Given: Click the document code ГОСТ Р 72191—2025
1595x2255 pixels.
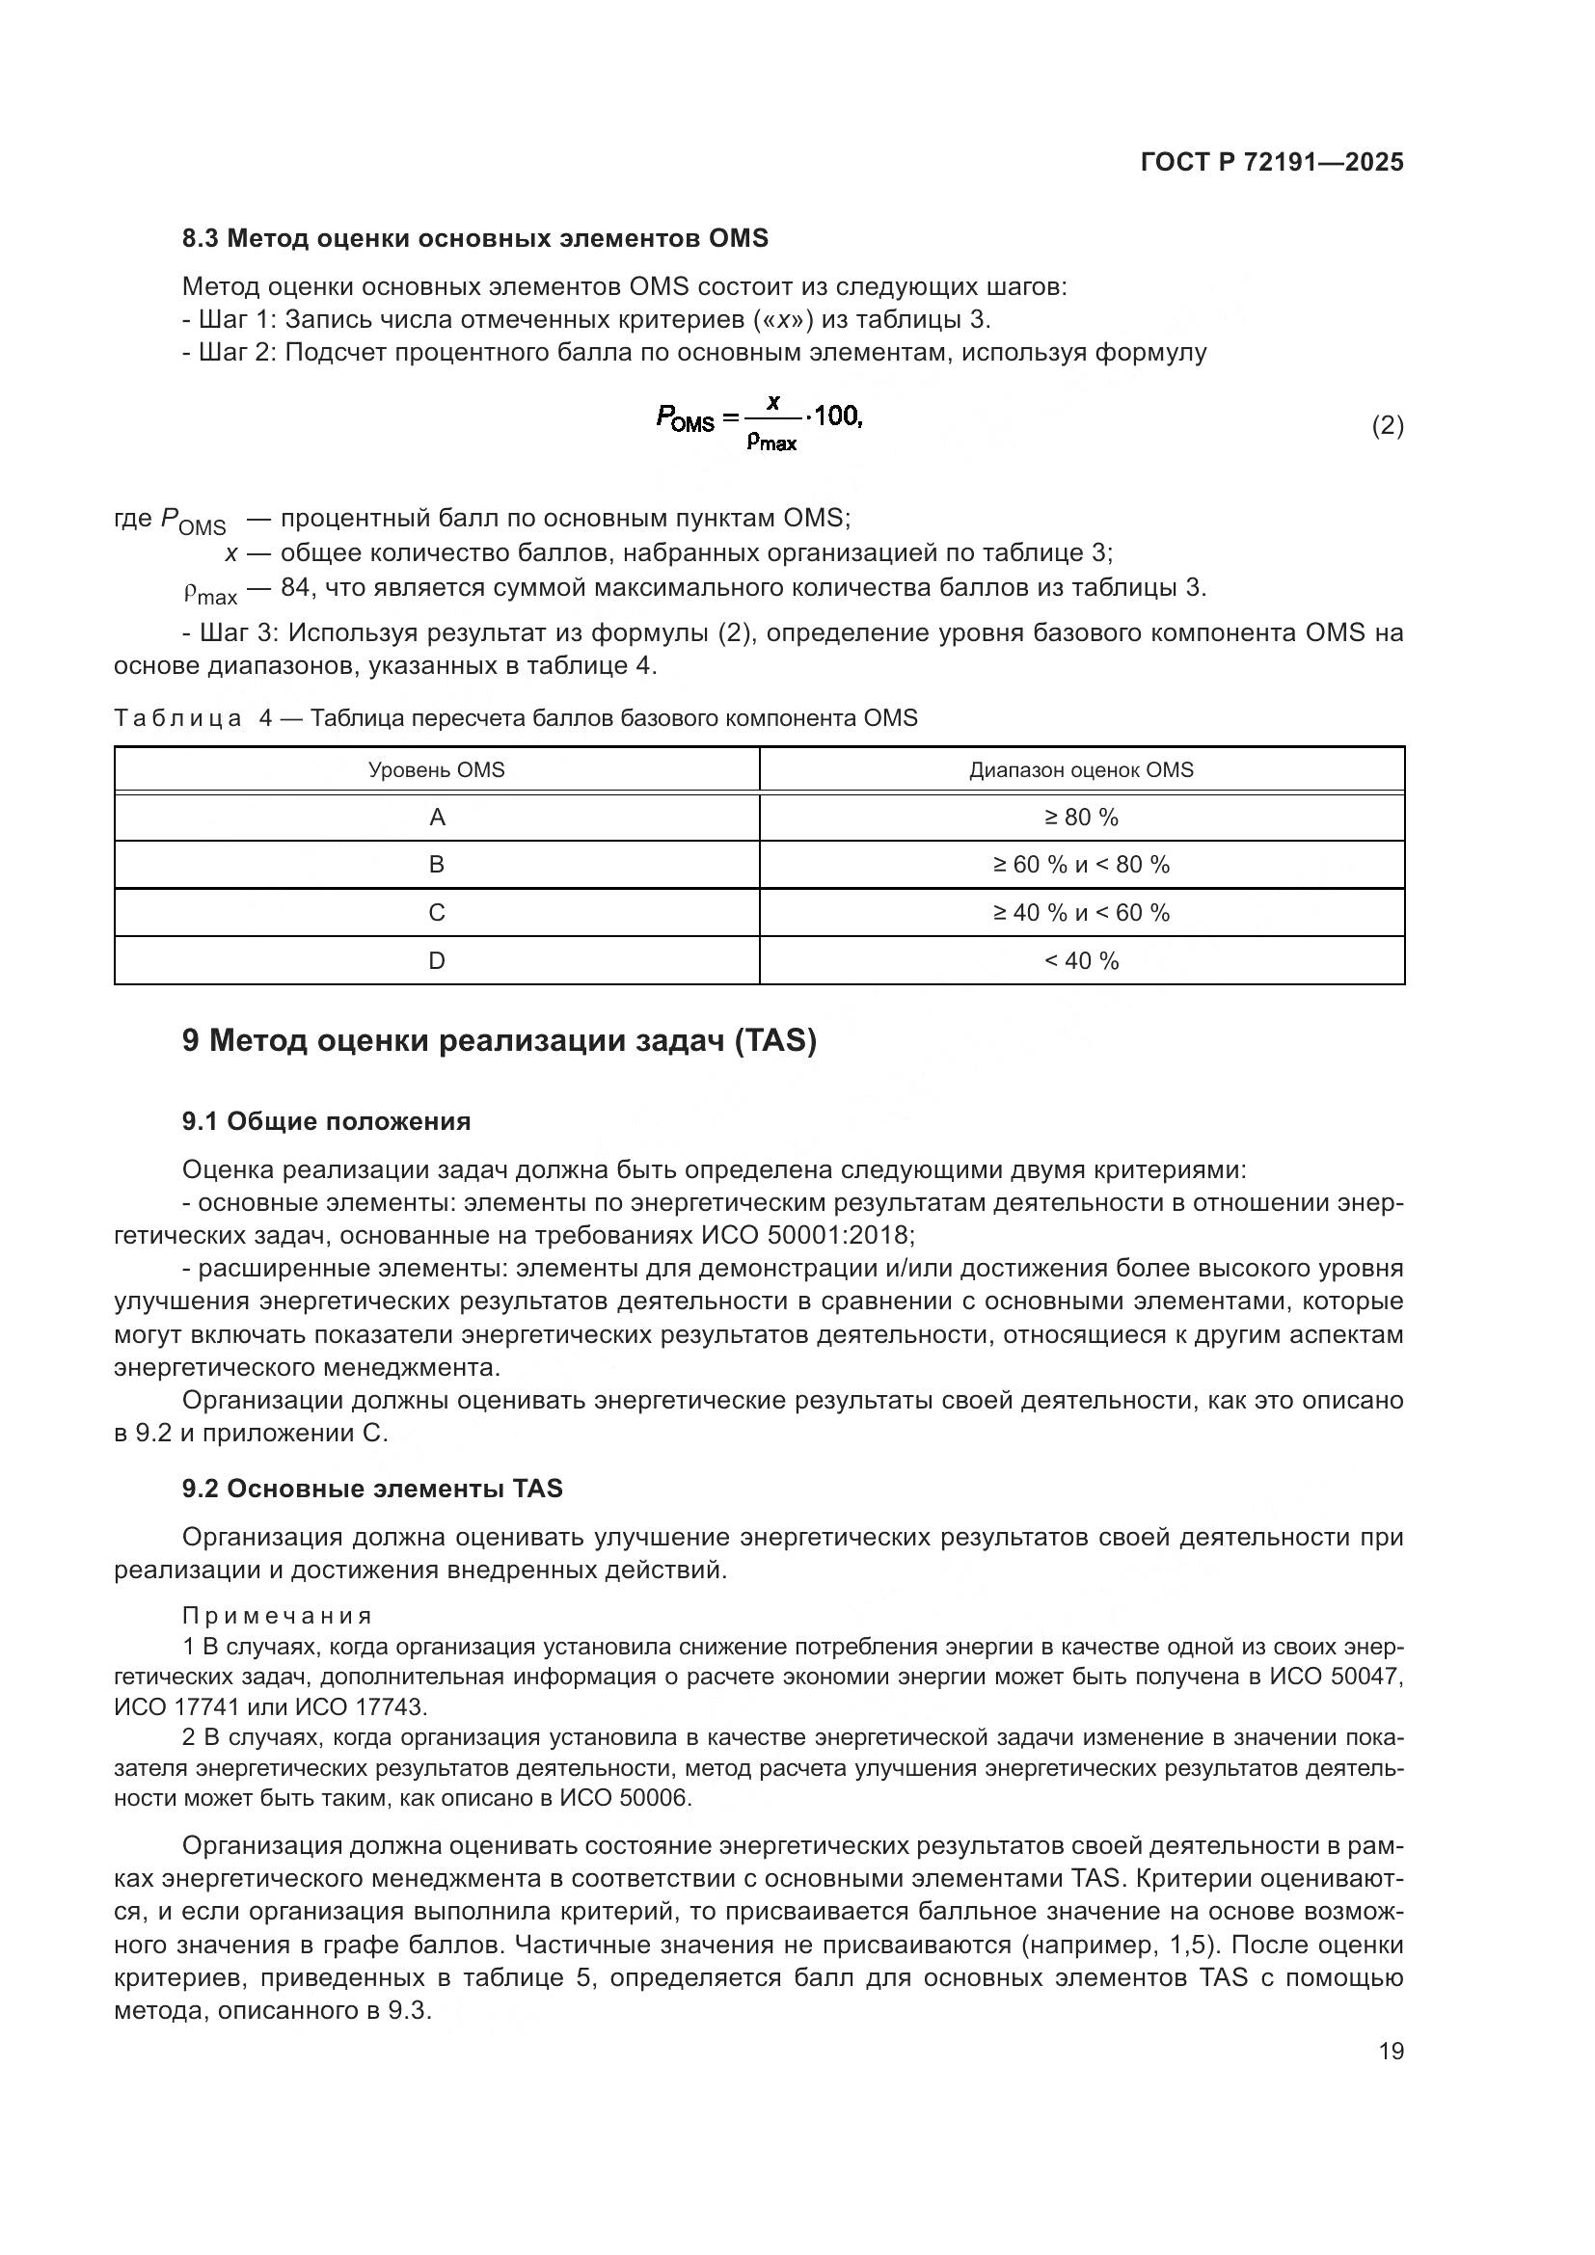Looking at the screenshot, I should pyautogui.click(x=1272, y=162).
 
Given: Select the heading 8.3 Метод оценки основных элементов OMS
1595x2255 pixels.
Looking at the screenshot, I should pyautogui.click(x=474, y=239).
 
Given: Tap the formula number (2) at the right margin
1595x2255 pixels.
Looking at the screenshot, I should pyautogui.click(x=1387, y=425).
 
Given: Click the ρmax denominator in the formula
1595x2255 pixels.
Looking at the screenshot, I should pyautogui.click(x=771, y=443).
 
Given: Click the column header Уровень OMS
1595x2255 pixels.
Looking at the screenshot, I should pyautogui.click(x=436, y=770).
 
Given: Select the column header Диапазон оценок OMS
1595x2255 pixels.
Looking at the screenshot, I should pyautogui.click(x=1081, y=770).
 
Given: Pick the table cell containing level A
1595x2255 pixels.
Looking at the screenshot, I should pyautogui.click(x=437, y=818).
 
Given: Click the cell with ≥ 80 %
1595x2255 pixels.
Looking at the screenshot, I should pyautogui.click(x=1081, y=818).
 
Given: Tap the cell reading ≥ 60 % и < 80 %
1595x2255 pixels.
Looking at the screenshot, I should pyautogui.click(x=1081, y=864).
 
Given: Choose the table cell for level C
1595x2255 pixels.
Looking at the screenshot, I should pyautogui.click(x=437, y=912).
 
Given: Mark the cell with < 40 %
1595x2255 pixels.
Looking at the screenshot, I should pyautogui.click(x=1081, y=960).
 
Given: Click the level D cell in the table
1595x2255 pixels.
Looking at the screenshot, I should pyautogui.click(x=437, y=960).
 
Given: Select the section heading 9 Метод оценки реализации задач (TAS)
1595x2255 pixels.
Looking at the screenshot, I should pyautogui.click(x=499, y=1040).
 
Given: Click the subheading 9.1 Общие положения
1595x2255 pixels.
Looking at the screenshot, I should pyautogui.click(x=326, y=1121).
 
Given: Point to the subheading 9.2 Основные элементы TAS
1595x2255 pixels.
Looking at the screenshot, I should pyautogui.click(x=372, y=1488).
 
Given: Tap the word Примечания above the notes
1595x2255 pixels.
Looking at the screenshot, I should pyautogui.click(x=277, y=1616).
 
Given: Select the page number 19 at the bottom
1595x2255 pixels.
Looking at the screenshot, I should pyautogui.click(x=1391, y=2051).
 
